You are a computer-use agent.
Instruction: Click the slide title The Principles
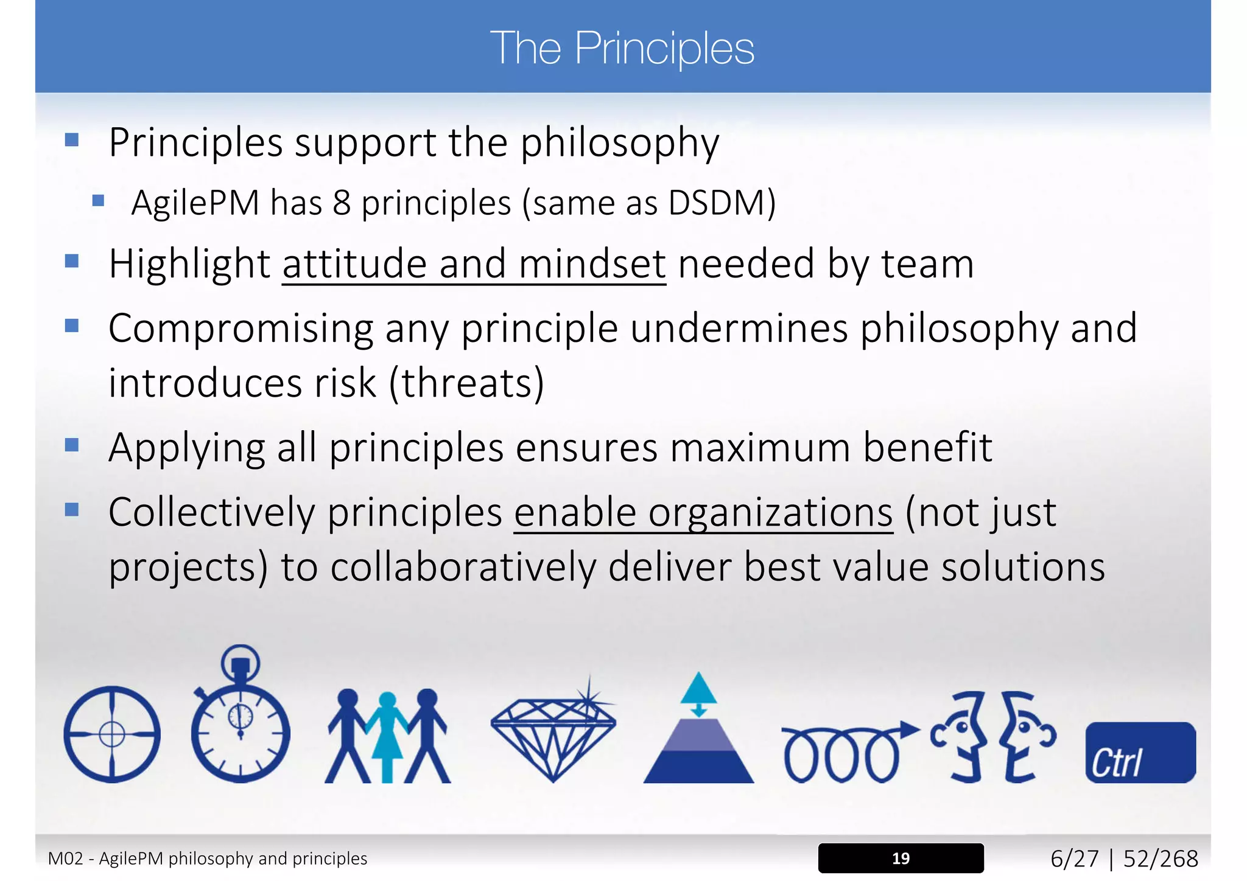(x=622, y=48)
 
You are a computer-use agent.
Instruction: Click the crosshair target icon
(x=112, y=734)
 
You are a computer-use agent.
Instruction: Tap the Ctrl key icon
(x=1140, y=753)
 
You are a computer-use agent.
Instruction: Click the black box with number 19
(x=901, y=858)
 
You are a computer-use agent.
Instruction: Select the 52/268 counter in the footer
(x=1161, y=858)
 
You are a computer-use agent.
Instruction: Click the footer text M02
(x=65, y=858)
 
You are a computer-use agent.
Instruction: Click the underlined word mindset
(x=592, y=265)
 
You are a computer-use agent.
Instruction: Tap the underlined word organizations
(x=770, y=513)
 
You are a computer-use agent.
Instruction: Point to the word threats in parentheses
(x=467, y=383)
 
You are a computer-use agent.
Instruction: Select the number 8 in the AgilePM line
(x=342, y=203)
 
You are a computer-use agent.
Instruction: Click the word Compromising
(x=241, y=329)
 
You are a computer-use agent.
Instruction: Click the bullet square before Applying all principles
(x=72, y=445)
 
